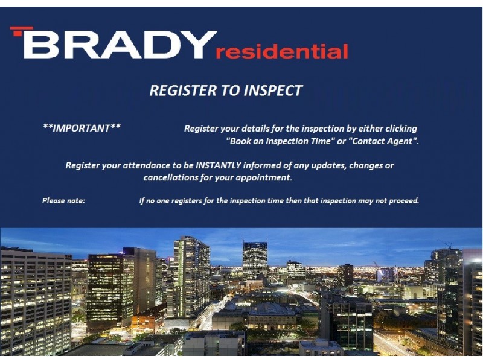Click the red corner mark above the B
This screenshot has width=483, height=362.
coord(21,30)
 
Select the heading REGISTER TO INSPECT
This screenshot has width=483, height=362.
coord(225,91)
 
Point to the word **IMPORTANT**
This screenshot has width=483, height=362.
coord(82,128)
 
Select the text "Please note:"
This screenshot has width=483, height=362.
coord(63,200)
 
